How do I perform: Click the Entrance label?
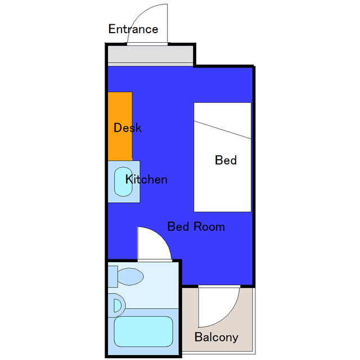133,29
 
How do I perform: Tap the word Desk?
128,128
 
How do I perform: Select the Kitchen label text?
146,179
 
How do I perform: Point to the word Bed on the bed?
226,160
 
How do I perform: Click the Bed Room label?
196,227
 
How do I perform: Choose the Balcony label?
216,337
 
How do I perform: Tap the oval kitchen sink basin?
124,182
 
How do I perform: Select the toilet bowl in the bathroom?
130,276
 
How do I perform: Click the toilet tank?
113,276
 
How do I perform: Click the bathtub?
143,331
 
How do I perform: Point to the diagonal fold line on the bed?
223,130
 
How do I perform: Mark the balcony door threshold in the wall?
219,286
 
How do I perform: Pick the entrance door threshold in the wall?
147,44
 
